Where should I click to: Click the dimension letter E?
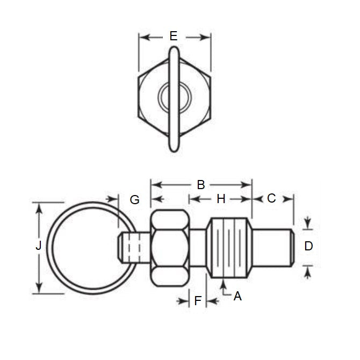(173, 36)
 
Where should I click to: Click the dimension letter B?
(200, 185)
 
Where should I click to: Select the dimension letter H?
(221, 199)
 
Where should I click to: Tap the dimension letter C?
(271, 198)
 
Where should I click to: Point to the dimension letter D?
(308, 246)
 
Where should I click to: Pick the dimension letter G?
(134, 200)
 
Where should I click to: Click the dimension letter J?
(38, 246)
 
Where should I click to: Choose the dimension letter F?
(197, 301)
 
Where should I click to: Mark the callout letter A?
(237, 295)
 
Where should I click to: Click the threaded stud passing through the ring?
(131, 247)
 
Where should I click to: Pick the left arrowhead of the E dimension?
(142, 37)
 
